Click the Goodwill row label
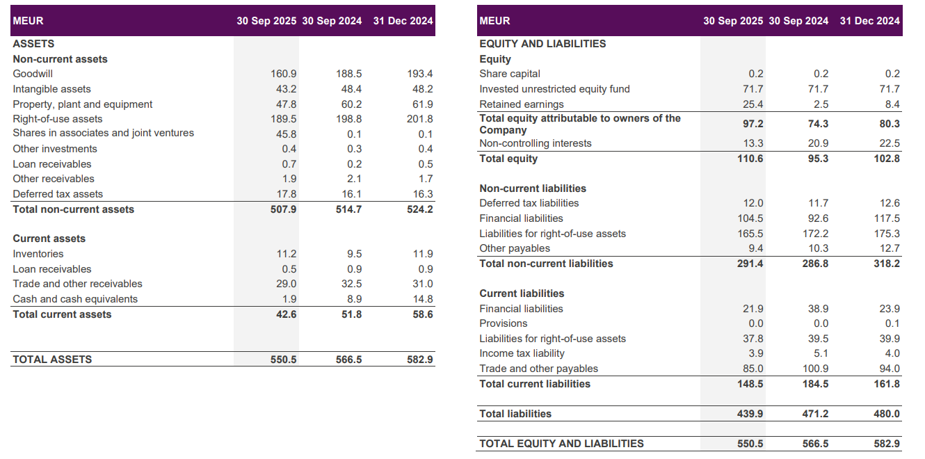pyautogui.click(x=33, y=74)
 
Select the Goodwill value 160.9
pyautogui.click(x=283, y=74)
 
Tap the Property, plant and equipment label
pyautogui.click(x=82, y=104)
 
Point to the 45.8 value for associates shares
pyautogui.click(x=285, y=134)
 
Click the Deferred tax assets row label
pyautogui.click(x=58, y=194)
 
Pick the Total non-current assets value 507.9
pyautogui.click(x=283, y=209)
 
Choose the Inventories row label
pyautogui.click(x=38, y=254)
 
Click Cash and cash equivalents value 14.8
pyautogui.click(x=422, y=299)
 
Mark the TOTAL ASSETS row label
pyautogui.click(x=52, y=360)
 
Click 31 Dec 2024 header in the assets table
pyautogui.click(x=403, y=21)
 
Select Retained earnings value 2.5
pyautogui.click(x=821, y=104)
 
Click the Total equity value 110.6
pyautogui.click(x=750, y=159)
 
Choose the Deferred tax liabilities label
pyautogui.click(x=529, y=203)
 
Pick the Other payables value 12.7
pyautogui.click(x=890, y=248)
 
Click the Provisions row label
pyautogui.click(x=504, y=323)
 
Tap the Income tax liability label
pyautogui.click(x=522, y=353)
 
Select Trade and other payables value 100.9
pyautogui.click(x=815, y=369)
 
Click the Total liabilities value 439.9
pyautogui.click(x=750, y=414)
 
